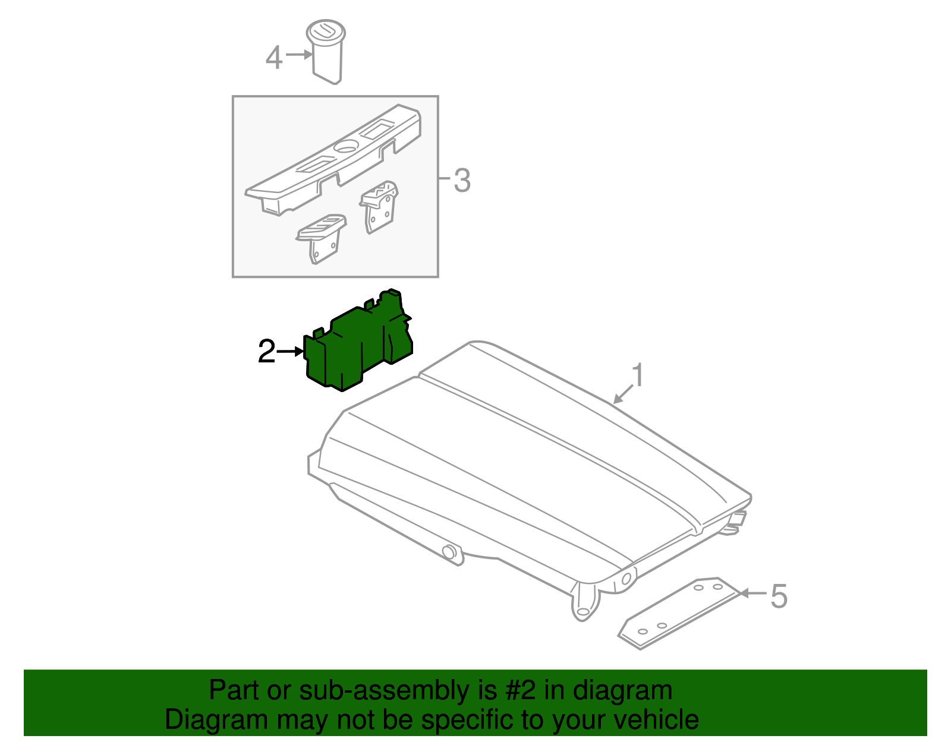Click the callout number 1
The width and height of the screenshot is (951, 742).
[x=638, y=375]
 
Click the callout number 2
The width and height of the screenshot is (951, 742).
[x=266, y=351]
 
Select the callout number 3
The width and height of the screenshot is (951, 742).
[x=462, y=180]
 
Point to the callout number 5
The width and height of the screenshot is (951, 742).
[x=779, y=596]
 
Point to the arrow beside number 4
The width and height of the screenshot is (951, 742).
[x=299, y=55]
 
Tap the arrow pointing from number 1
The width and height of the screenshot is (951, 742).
[x=623, y=394]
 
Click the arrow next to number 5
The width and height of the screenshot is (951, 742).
[x=753, y=593]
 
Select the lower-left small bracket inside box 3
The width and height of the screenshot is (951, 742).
[x=322, y=238]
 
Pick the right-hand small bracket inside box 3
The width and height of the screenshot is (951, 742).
[x=379, y=207]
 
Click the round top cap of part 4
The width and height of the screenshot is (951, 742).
[x=326, y=31]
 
